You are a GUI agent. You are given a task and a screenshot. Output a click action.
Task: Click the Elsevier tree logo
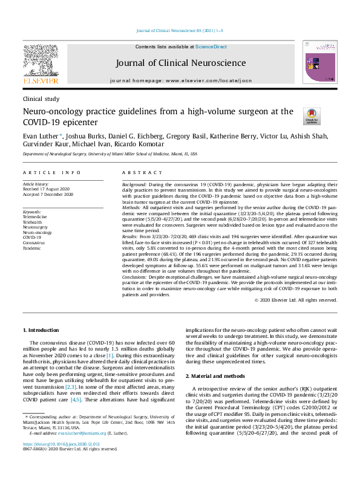point(40,61)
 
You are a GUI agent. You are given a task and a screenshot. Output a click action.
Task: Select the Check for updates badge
point(294,116)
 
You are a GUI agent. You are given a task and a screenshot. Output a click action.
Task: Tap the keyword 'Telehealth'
point(33,222)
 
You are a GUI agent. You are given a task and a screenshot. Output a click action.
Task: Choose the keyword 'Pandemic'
point(32,248)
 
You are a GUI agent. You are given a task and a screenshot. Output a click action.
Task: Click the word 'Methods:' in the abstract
point(135,207)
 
